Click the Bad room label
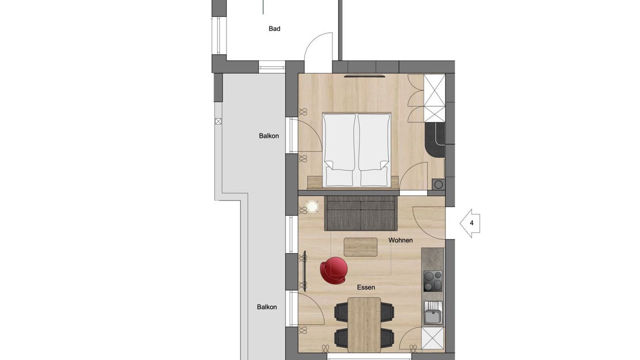(x=274, y=28)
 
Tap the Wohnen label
(x=400, y=240)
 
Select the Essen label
(x=365, y=287)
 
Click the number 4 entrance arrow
(x=470, y=223)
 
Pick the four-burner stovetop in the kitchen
(x=432, y=281)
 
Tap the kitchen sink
(x=433, y=313)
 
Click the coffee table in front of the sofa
(x=360, y=247)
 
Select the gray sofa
(x=360, y=213)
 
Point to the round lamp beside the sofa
(x=312, y=206)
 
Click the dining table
(x=364, y=324)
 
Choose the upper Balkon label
(x=268, y=135)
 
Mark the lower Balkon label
(x=266, y=307)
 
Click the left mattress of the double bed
(x=339, y=150)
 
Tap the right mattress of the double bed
(x=373, y=150)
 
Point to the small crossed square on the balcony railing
(x=218, y=121)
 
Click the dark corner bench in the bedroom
(x=435, y=139)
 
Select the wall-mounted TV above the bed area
(x=364, y=76)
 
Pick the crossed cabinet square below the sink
(x=433, y=338)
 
